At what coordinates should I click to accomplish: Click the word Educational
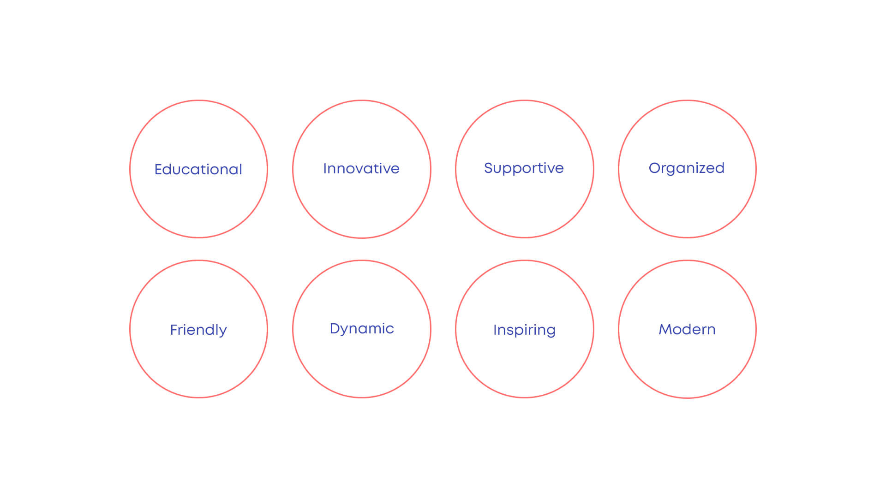click(x=198, y=169)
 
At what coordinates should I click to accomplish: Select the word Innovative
click(x=361, y=168)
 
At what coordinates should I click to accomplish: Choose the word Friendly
click(x=198, y=330)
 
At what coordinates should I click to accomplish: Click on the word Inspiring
click(x=524, y=330)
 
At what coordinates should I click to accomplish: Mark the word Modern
click(x=687, y=329)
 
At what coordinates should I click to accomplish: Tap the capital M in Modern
click(x=665, y=329)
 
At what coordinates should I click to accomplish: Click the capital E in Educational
click(x=159, y=169)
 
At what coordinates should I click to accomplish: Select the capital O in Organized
click(x=655, y=168)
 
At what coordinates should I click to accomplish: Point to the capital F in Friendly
click(x=174, y=330)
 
